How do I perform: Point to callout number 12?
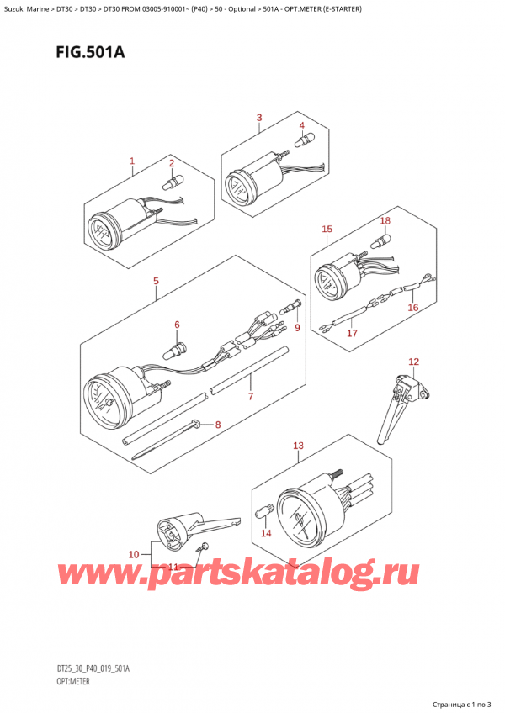[412, 362]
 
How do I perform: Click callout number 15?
[327, 229]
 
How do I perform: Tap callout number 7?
[250, 395]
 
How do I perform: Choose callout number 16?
[412, 308]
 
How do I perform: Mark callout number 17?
[353, 333]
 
